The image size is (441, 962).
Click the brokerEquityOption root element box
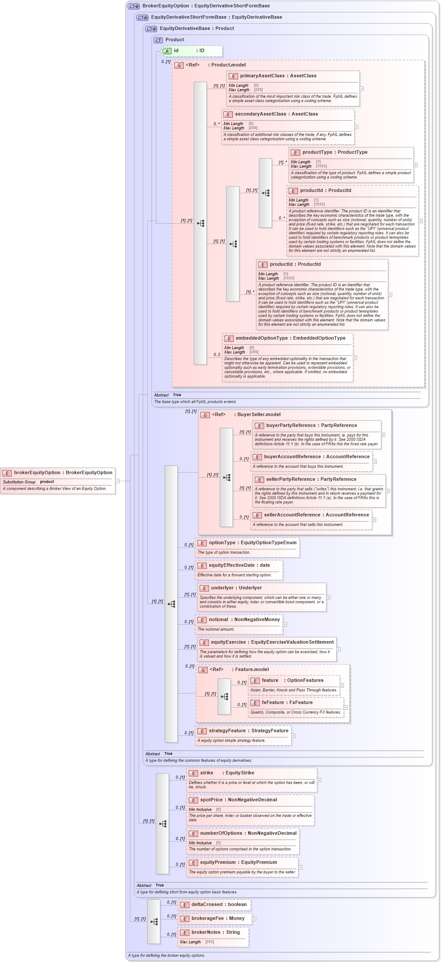pyautogui.click(x=58, y=481)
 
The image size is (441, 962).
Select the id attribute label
pyautogui.click(x=176, y=51)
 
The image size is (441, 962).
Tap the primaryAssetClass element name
pyautogui.click(x=262, y=76)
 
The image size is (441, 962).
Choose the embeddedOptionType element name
pyautogui.click(x=262, y=338)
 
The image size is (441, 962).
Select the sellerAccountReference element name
pyautogui.click(x=292, y=515)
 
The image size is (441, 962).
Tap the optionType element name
pyautogui.click(x=222, y=543)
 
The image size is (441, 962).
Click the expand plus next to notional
pyautogui.click(x=285, y=625)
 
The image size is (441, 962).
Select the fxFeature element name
pyautogui.click(x=272, y=703)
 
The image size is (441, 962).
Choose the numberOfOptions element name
pyautogui.click(x=221, y=833)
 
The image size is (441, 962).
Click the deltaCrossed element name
pyautogui.click(x=207, y=905)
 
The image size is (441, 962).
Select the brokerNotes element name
pyautogui.click(x=206, y=932)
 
